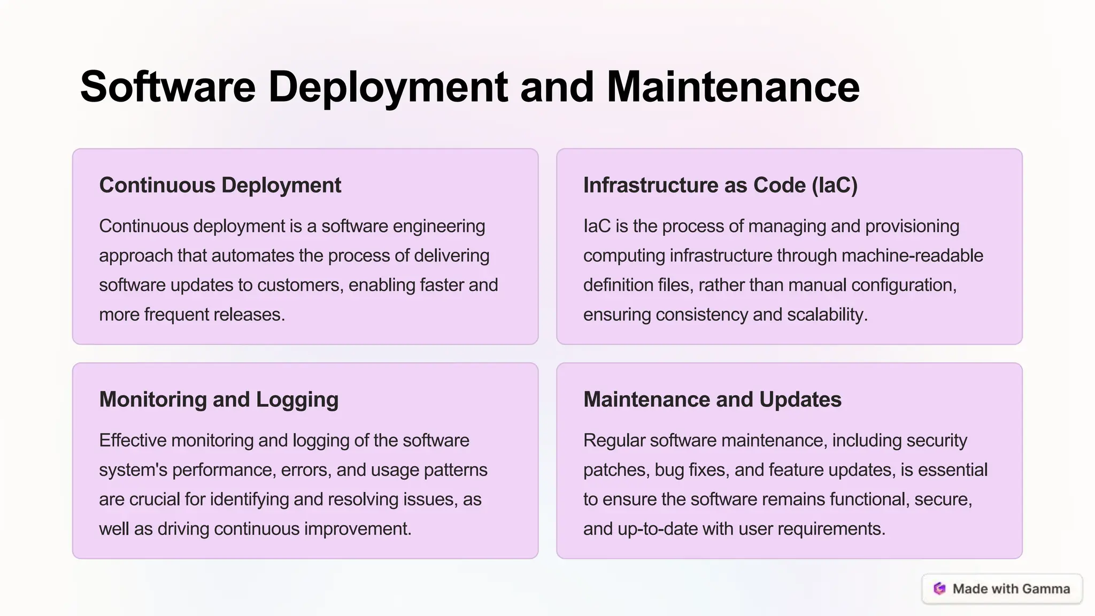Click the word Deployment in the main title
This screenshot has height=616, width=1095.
pos(388,87)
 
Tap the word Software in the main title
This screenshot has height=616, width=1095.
pos(168,87)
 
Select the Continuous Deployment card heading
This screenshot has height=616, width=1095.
pos(220,185)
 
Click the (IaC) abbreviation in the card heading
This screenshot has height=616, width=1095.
pos(834,185)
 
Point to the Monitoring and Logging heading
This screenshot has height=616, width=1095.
pos(219,399)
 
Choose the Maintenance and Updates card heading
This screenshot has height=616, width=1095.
pos(712,399)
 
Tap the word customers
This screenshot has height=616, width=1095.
pos(300,285)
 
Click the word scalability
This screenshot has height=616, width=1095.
pos(826,314)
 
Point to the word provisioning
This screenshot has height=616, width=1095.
pos(912,226)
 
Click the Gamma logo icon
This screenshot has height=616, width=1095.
pos(939,589)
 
